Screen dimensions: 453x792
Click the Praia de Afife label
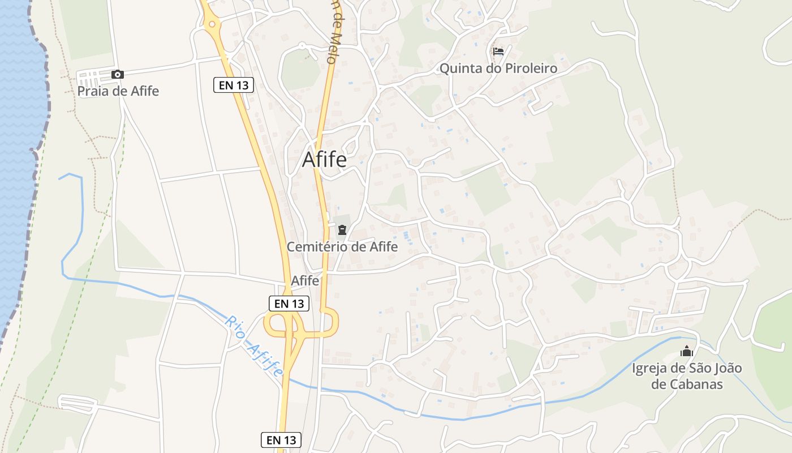[x=118, y=91]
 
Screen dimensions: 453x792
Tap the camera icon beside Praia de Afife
[x=118, y=74]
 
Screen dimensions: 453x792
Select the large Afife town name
[x=324, y=159]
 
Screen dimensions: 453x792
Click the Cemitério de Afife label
[x=342, y=246]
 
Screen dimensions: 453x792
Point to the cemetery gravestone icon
[x=342, y=230]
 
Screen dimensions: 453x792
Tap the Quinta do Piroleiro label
[x=498, y=69]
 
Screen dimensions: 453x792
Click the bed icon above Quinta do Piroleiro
[x=498, y=52]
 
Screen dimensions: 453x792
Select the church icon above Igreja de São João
[x=686, y=352]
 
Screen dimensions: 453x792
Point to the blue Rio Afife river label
[x=253, y=346]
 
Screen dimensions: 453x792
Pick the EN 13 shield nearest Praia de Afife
[x=233, y=86]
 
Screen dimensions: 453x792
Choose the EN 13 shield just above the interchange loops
[x=289, y=304]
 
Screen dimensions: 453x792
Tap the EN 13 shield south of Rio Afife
[x=281, y=439]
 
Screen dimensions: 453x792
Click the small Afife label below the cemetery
[x=305, y=281]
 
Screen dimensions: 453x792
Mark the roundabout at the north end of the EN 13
[x=212, y=24]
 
